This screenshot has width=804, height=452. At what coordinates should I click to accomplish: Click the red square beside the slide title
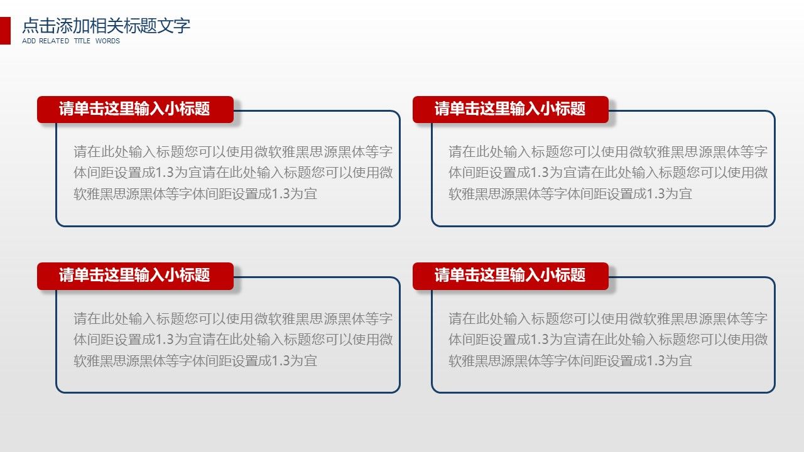point(5,31)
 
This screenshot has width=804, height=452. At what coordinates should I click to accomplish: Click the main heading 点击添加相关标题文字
point(106,26)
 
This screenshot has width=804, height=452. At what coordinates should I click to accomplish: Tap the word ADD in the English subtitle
point(29,41)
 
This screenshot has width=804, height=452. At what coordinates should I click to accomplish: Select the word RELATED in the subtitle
point(54,41)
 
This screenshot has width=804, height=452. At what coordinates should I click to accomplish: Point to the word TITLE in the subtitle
point(82,41)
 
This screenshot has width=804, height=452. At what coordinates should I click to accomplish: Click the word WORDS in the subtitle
point(107,41)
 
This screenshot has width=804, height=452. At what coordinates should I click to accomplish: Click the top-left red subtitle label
point(135,109)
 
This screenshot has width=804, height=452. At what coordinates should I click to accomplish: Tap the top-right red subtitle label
point(511,109)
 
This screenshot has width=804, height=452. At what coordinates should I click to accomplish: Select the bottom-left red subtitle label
point(135,276)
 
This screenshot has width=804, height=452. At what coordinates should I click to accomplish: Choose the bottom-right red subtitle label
point(511,276)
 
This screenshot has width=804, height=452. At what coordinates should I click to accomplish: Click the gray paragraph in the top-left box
point(233,173)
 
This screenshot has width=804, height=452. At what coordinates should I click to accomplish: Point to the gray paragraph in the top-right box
point(608,173)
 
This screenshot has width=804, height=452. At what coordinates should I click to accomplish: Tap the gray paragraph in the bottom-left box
point(233,340)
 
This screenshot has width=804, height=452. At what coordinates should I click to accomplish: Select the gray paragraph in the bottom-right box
point(608,340)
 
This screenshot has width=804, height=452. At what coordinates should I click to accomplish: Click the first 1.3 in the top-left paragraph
point(165,173)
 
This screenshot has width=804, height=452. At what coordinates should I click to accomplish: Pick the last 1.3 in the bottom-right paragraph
point(655,360)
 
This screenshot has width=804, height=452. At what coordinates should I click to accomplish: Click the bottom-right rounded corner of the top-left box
point(397,223)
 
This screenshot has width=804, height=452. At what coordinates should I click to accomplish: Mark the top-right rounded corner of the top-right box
point(772,114)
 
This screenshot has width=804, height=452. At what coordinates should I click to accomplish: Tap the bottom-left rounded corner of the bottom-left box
point(59,390)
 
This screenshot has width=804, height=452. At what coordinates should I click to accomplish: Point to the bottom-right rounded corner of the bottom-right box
point(772,390)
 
